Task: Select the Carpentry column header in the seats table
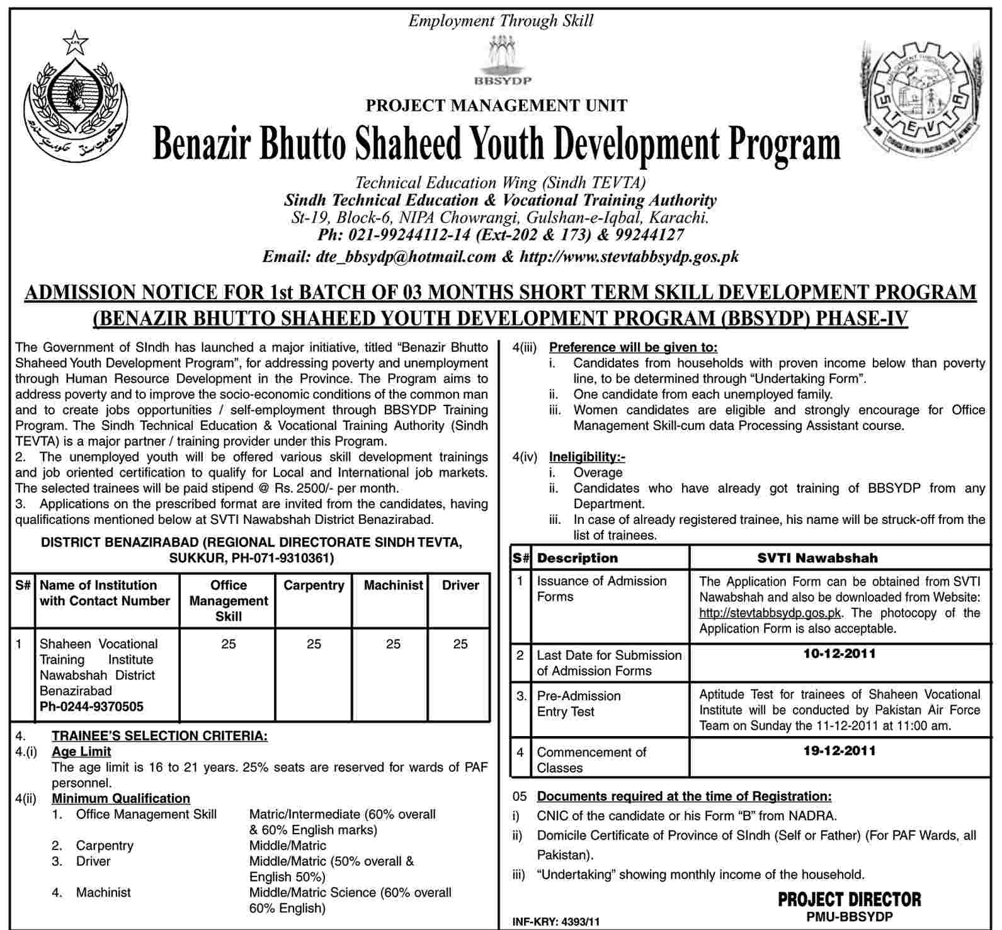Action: [314, 586]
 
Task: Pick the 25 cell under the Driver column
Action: [460, 644]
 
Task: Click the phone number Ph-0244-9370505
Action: [91, 706]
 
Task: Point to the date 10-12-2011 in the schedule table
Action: [840, 654]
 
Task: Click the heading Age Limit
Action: [81, 751]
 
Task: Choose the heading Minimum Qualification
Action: [121, 798]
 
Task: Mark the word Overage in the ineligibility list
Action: [598, 473]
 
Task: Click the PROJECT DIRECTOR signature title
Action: [849, 899]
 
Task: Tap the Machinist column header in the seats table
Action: [393, 586]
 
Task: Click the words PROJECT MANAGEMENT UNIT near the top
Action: [496, 106]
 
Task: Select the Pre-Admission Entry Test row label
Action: [578, 704]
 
